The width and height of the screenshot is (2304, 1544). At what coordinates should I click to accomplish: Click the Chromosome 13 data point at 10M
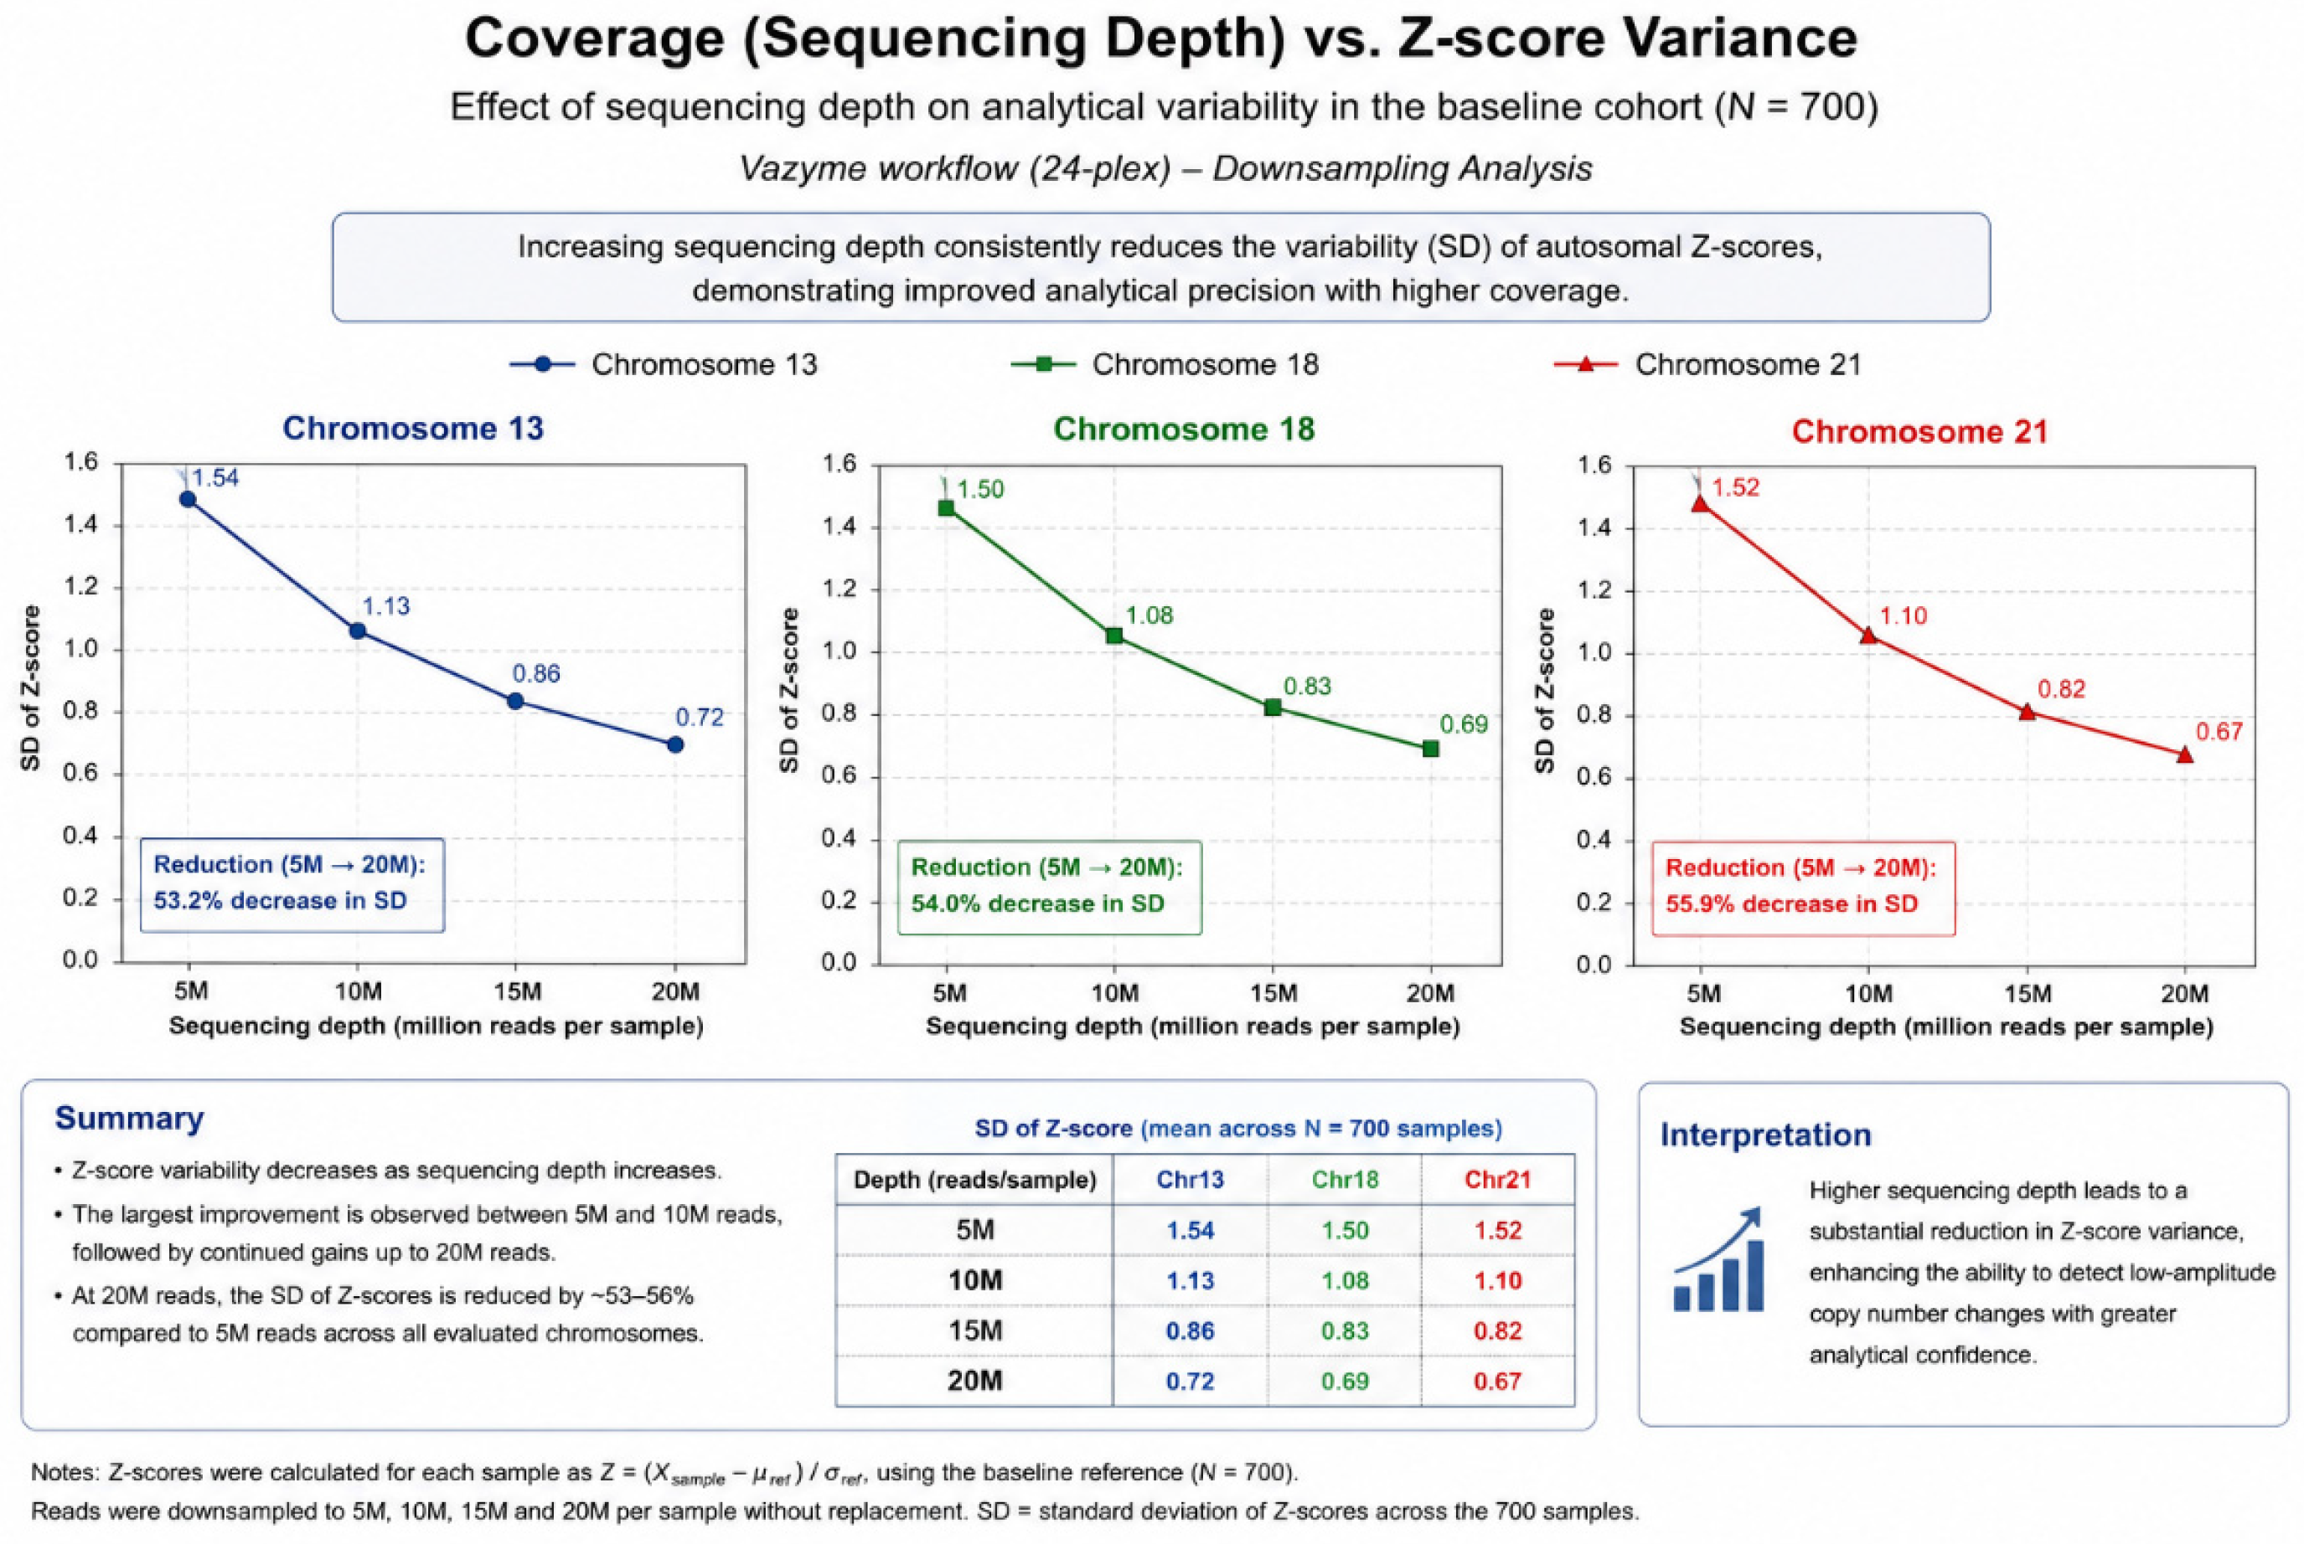tap(358, 631)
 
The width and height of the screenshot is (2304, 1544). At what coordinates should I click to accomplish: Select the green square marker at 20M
tap(1431, 749)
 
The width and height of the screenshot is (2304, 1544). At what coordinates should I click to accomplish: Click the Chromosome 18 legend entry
tap(1165, 364)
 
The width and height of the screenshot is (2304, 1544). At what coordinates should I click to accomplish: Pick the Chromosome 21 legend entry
tap(1707, 364)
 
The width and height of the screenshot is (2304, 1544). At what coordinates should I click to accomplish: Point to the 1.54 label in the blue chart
tap(214, 479)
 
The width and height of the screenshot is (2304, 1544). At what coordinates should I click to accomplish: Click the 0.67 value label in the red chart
tap(2219, 732)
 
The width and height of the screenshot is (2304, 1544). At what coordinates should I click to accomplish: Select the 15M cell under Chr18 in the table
tap(1345, 1330)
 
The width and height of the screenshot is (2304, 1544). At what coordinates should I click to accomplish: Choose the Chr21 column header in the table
tap(1497, 1180)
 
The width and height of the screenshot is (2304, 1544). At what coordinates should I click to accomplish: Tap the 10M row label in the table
tap(975, 1280)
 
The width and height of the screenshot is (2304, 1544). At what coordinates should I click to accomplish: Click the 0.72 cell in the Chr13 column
tap(1190, 1381)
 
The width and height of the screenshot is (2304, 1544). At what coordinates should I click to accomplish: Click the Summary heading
tap(129, 1118)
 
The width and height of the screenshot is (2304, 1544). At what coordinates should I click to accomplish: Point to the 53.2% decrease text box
tap(292, 884)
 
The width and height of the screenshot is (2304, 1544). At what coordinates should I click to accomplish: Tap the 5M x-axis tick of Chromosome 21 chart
tap(1703, 994)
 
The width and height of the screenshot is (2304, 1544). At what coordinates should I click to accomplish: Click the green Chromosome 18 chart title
tap(1184, 430)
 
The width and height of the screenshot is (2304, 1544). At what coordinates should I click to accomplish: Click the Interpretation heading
tap(1765, 1135)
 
